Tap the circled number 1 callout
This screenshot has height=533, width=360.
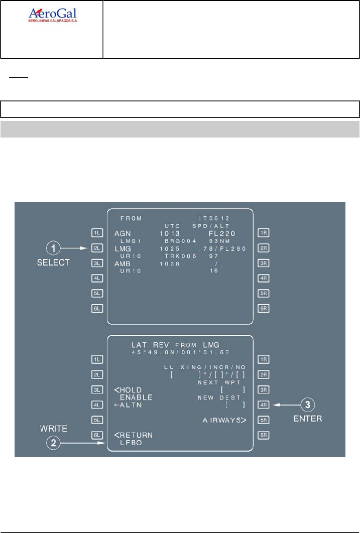tap(54, 247)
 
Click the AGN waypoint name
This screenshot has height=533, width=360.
tap(122, 234)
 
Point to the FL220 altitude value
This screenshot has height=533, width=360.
tap(221, 234)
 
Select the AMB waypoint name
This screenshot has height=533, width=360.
tap(123, 263)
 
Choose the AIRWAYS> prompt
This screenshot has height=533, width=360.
tap(224, 420)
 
